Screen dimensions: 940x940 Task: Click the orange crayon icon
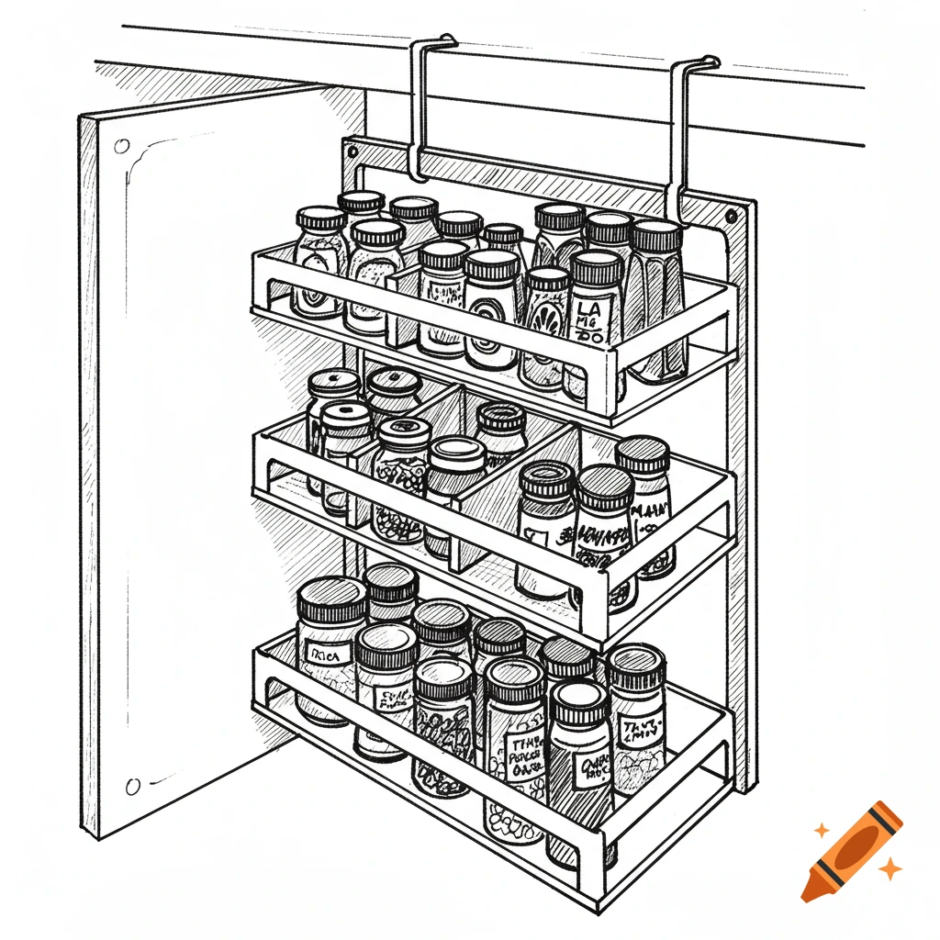tap(851, 851)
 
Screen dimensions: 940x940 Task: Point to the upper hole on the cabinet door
tap(122, 146)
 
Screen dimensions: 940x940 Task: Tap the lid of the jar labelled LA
tap(597, 265)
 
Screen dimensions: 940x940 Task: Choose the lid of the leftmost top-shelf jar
tap(321, 220)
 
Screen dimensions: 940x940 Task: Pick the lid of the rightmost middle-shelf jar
tap(643, 454)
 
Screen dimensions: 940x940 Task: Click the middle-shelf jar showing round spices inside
tap(398, 500)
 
